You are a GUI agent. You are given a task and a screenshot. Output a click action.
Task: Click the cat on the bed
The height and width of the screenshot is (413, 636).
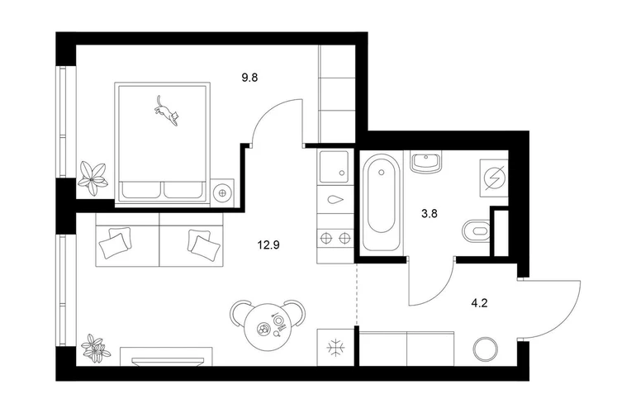coord(165,112)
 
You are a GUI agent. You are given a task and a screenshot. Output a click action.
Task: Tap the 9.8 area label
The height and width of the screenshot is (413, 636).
coord(249,77)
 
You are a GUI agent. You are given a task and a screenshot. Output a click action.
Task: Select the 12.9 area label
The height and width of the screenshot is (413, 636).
coord(268,245)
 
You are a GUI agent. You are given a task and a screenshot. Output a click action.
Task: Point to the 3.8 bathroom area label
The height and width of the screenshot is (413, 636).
coord(430,214)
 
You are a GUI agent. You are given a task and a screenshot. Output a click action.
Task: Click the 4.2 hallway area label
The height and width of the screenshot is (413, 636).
coord(479,303)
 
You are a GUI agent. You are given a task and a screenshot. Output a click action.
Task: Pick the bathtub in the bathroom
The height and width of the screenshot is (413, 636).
coord(381,202)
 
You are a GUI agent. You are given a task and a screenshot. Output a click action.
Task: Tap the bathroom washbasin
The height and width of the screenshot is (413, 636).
coord(425,162)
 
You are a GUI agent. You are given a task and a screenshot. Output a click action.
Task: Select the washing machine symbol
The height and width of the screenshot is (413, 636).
coord(494,178)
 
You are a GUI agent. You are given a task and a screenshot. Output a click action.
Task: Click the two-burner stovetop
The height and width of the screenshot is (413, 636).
coord(335,237)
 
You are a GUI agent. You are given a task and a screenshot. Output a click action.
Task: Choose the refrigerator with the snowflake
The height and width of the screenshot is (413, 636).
coord(335,348)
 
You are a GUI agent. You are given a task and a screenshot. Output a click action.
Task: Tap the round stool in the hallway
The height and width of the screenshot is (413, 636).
coord(486,349)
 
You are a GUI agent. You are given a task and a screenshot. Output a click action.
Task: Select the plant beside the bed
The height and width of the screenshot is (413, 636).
coord(93,178)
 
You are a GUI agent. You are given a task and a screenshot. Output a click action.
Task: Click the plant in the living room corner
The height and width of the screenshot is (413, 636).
coord(95,348)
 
